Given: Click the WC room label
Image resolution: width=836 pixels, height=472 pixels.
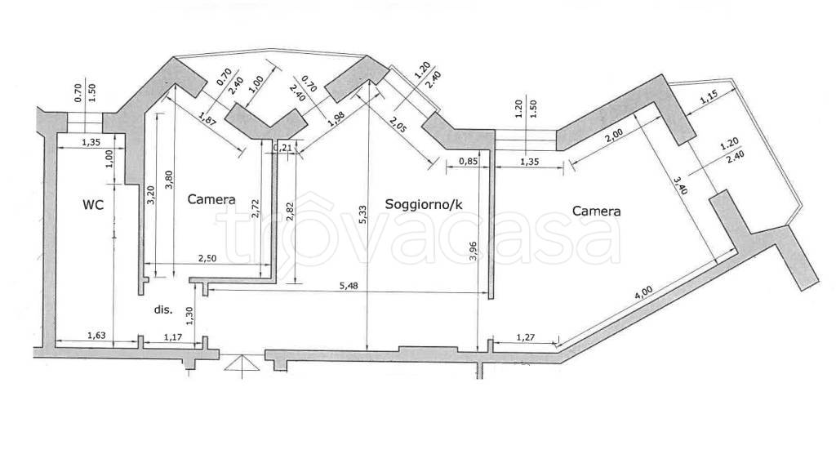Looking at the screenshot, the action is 93,204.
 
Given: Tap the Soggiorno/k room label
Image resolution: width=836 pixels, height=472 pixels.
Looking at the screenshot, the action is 424,204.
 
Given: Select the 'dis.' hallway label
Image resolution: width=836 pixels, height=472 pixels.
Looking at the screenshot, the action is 163,309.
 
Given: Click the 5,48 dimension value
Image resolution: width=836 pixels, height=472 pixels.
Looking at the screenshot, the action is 349,286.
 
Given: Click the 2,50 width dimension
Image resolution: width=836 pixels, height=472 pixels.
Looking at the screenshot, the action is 207,258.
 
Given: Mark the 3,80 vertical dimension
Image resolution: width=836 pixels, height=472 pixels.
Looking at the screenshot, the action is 169,180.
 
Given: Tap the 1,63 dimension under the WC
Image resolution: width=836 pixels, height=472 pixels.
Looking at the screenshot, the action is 96,336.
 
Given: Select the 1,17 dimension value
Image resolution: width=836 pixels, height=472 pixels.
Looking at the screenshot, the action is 173,337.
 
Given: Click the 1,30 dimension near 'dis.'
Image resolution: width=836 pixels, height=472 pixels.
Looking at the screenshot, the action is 189,316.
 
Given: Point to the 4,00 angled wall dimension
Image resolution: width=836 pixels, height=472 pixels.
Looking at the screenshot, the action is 643,295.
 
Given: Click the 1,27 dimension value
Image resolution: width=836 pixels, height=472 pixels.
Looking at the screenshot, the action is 525,337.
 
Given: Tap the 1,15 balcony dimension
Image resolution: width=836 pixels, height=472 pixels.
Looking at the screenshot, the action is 709,96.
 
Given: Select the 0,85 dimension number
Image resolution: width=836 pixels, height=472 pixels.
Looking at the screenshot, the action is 468,161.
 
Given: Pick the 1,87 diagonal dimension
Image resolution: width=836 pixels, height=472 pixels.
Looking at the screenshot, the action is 208,118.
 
